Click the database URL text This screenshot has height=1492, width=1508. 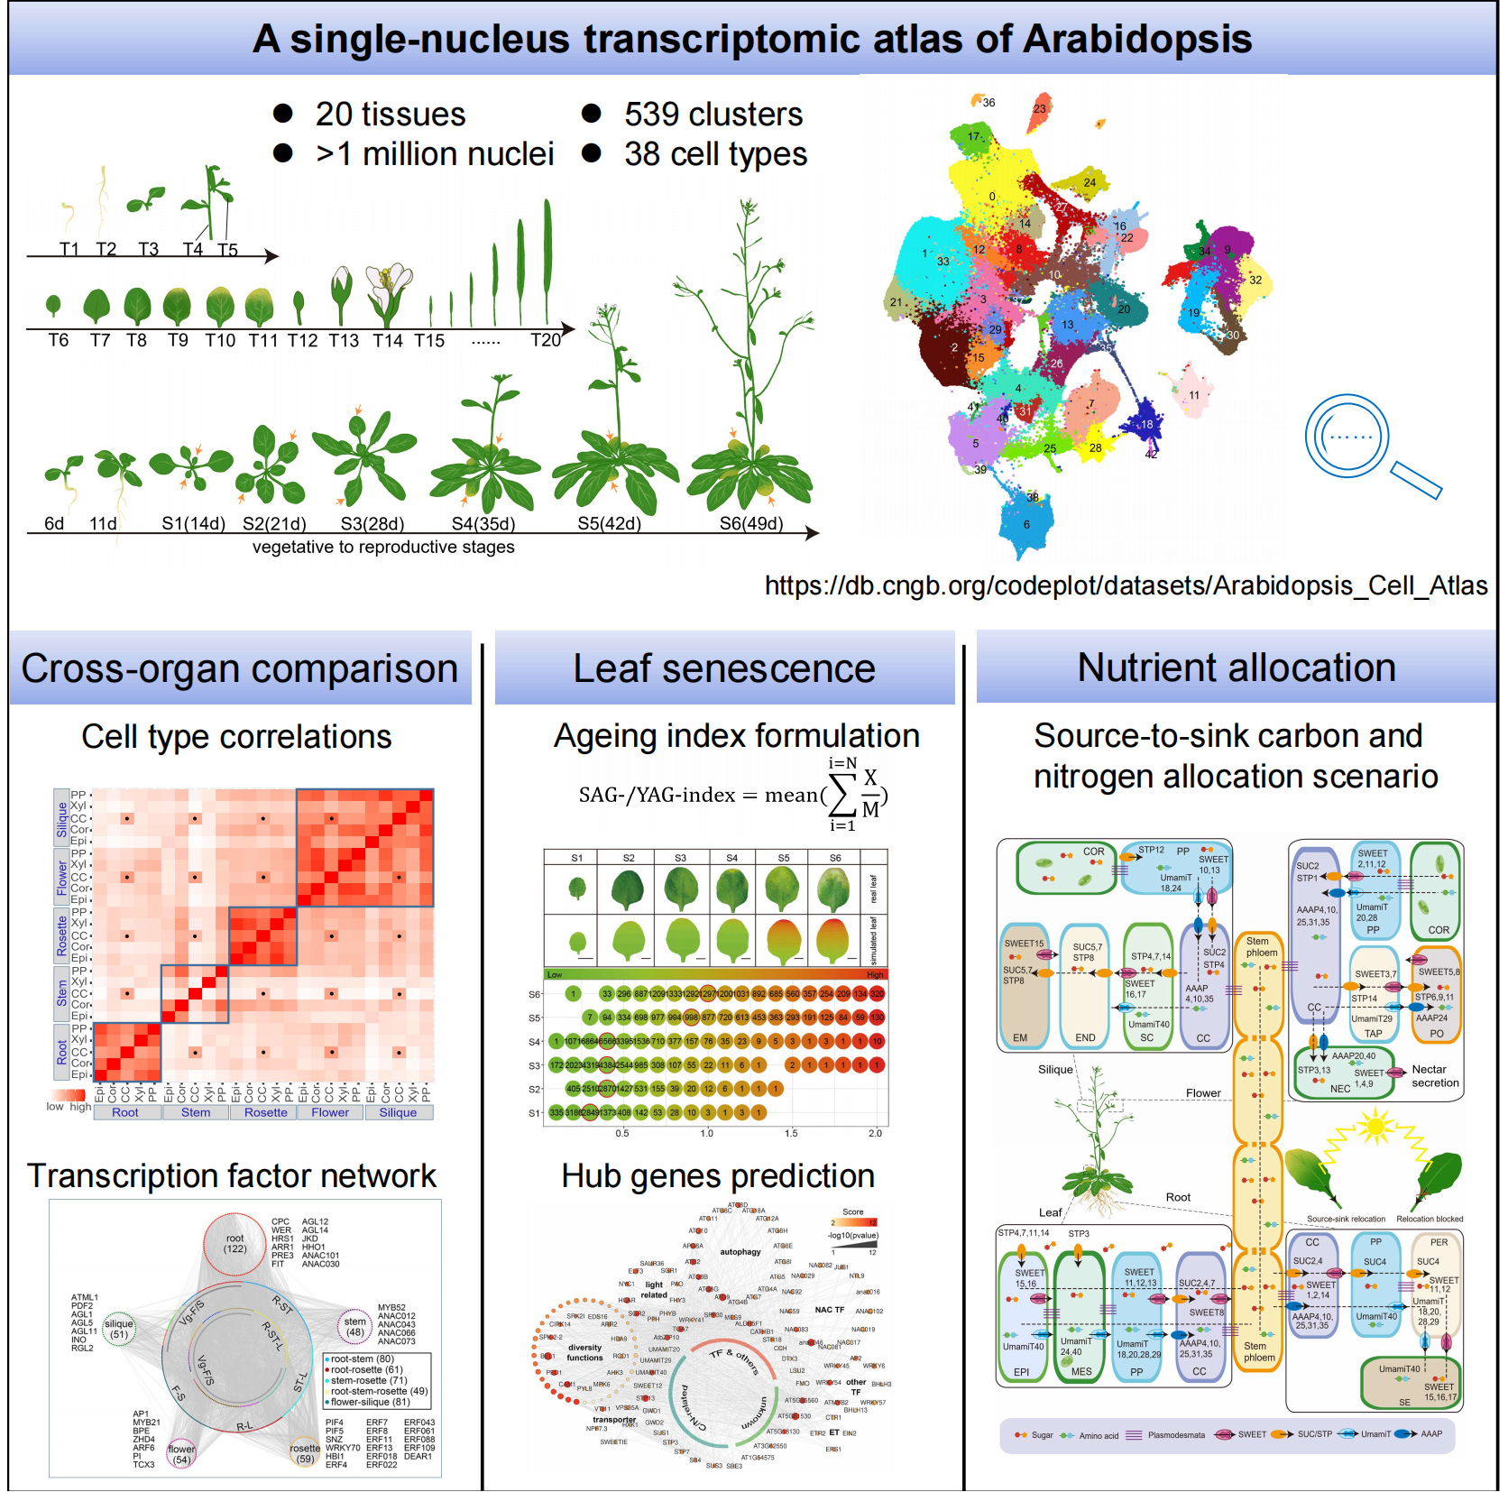coord(1126,586)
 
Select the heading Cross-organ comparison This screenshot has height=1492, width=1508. coord(239,669)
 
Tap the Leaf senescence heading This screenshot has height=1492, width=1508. coord(724,669)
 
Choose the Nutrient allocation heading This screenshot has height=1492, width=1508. coord(1237,668)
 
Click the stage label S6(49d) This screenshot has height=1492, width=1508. coord(751,524)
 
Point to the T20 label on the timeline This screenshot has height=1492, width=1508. coord(546,340)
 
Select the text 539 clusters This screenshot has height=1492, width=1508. coord(713,115)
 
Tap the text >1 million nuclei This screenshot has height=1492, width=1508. coord(435,154)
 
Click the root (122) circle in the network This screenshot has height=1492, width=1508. coord(235,1244)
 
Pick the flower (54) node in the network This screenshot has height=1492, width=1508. coord(181,1454)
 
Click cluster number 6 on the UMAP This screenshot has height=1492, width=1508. coord(1026,524)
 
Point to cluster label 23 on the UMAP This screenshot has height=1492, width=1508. coord(1040,108)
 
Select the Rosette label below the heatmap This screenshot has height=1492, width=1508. coord(265,1113)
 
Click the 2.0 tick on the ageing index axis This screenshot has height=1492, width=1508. coord(875,1133)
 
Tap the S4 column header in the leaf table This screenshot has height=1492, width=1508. coord(731,858)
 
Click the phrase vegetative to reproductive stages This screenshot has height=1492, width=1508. coord(383,548)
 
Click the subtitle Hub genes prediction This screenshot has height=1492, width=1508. coord(718,1176)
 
